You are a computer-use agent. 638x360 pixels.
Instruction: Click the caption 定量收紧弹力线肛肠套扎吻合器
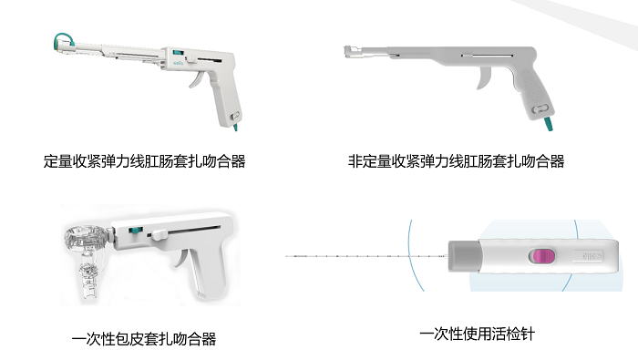click(x=144, y=161)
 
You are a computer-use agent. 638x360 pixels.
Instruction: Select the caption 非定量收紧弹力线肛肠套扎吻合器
click(x=456, y=161)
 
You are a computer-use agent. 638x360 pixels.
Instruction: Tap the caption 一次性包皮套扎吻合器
click(x=144, y=339)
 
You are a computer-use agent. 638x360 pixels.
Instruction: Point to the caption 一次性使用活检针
click(x=477, y=334)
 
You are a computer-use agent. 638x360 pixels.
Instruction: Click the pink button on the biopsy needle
click(x=541, y=256)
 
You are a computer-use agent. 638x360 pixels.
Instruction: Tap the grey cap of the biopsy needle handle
click(x=463, y=256)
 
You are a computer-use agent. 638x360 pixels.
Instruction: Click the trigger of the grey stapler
click(x=483, y=77)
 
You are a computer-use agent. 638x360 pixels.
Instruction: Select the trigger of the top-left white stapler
click(x=196, y=79)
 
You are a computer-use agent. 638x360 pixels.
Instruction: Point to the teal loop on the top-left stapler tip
click(x=63, y=40)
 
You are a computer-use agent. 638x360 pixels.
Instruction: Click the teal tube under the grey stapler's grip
click(x=548, y=123)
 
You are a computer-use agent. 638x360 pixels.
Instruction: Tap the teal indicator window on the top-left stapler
click(x=179, y=53)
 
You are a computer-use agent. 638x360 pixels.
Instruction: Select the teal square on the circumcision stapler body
click(x=134, y=231)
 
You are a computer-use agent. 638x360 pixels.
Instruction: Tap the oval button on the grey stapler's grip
click(x=540, y=108)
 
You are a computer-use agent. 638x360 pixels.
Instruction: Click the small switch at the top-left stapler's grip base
click(x=235, y=116)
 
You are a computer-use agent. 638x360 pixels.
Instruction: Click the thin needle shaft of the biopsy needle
click(x=366, y=256)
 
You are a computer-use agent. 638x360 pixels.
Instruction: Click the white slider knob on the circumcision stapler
click(x=158, y=234)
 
